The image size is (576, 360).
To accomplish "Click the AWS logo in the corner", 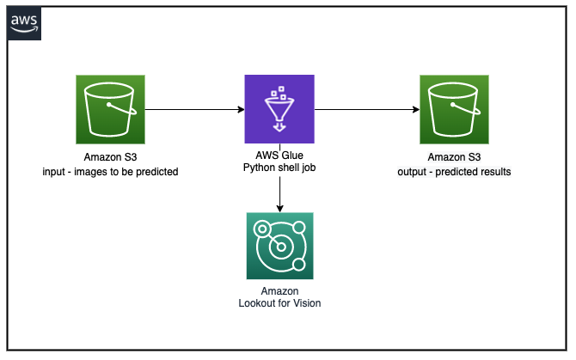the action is pos(24,23).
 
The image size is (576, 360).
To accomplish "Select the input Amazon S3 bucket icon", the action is pos(110,109).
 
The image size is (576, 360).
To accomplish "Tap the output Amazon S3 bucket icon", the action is pos(454,109).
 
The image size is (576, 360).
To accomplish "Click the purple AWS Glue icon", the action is pos(279,109).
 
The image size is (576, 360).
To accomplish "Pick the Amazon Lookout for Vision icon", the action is pos(279,246).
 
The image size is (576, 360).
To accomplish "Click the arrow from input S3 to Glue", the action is pos(194,109).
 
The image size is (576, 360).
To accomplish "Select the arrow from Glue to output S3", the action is pos(367,109).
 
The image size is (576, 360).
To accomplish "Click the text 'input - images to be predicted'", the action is pos(110,172).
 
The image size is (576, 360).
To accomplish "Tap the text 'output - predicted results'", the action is pos(454,172).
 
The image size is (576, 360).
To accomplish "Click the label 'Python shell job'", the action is pos(279,168).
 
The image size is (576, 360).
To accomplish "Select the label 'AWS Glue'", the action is pos(279,156).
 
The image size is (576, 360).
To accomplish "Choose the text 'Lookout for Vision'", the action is pos(279,303).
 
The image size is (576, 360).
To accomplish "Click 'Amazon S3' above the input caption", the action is pos(110,157).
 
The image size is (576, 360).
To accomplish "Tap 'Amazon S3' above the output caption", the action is pos(454,157).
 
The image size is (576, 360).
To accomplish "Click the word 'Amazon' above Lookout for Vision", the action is pos(279,291).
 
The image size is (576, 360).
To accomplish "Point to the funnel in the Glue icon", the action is pos(279,109).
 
